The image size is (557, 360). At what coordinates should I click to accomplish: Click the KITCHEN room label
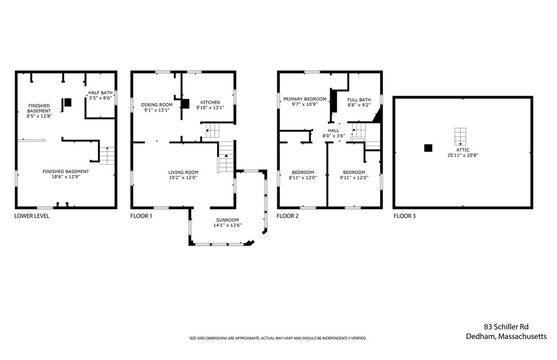(x=210, y=102)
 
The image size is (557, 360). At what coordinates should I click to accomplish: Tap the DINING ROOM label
(x=157, y=105)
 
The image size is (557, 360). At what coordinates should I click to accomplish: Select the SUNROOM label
(x=227, y=220)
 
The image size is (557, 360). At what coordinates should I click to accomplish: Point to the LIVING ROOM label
(x=183, y=173)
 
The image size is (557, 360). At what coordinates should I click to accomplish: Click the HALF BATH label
(x=100, y=93)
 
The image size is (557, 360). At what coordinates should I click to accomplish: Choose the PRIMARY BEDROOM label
(x=304, y=99)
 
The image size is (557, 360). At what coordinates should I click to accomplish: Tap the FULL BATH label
(x=359, y=100)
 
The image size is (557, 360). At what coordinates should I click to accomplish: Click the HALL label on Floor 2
(x=333, y=131)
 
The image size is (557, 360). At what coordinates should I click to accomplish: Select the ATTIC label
(x=463, y=150)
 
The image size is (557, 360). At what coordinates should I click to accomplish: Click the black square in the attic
(x=428, y=148)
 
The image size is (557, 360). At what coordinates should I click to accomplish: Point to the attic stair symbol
(x=460, y=136)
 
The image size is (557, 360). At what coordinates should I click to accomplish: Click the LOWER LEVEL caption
(x=32, y=216)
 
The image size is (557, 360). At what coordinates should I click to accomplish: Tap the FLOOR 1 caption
(x=141, y=216)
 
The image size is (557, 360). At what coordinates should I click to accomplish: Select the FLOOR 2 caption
(x=287, y=216)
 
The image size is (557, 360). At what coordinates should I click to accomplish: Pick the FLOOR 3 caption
(x=405, y=216)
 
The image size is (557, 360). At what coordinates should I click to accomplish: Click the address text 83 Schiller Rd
(x=506, y=327)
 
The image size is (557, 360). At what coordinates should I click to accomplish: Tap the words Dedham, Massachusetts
(x=506, y=336)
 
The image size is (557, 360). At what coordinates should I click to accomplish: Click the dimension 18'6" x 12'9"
(x=66, y=176)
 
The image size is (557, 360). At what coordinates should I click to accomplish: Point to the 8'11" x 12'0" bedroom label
(x=303, y=178)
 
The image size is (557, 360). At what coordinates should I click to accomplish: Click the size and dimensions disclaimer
(x=278, y=339)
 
